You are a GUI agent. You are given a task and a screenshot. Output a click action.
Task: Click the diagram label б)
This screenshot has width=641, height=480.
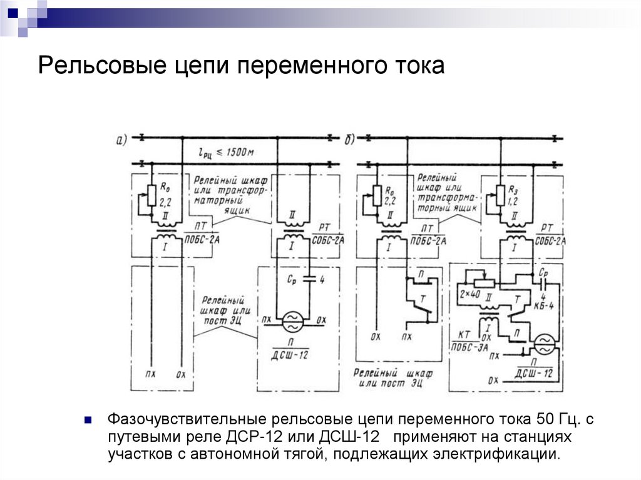pos(351,140)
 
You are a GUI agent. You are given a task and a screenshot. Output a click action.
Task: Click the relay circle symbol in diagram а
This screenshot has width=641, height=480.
pos(292,322)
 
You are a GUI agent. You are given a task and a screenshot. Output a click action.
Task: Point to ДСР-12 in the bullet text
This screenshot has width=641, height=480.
pos(251,436)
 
